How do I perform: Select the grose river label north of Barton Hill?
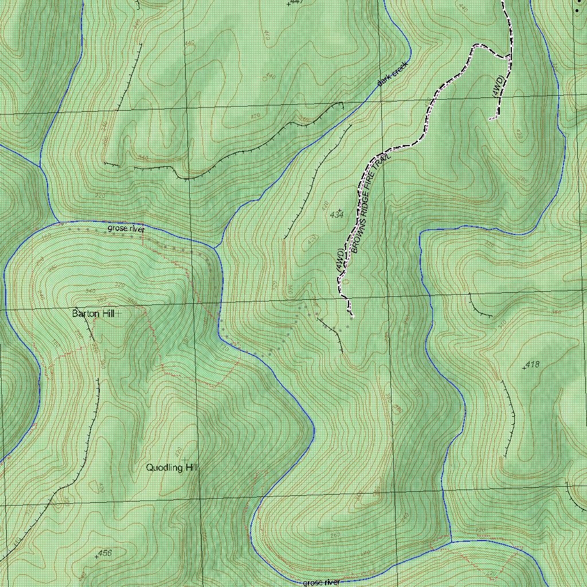127,229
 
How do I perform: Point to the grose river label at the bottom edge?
321,582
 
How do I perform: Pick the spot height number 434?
337,214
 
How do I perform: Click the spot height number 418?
532,364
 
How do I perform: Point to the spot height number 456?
104,553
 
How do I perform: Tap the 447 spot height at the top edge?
296,2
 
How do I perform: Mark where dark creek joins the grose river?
214,248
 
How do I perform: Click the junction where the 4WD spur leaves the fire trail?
510,57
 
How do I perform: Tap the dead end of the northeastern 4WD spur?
492,119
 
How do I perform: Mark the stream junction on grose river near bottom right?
451,541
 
